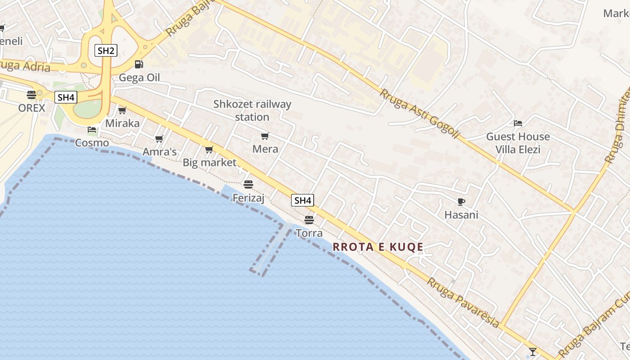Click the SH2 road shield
[x=106, y=50]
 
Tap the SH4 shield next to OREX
[x=66, y=97]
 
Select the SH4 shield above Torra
[x=302, y=200]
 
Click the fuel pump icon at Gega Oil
[x=139, y=64]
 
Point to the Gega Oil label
[x=139, y=78]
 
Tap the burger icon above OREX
[x=31, y=95]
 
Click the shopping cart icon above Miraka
[x=122, y=110]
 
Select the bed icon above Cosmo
[x=92, y=130]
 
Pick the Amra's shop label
[x=159, y=152]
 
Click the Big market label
[x=209, y=162]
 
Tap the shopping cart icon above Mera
[x=265, y=136]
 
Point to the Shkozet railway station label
[x=252, y=110]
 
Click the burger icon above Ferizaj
[x=248, y=184]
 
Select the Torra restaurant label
[x=309, y=233]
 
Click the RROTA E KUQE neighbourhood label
[x=378, y=247]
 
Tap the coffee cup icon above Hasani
[x=461, y=202]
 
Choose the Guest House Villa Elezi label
[x=518, y=143]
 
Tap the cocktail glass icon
[x=533, y=351]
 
